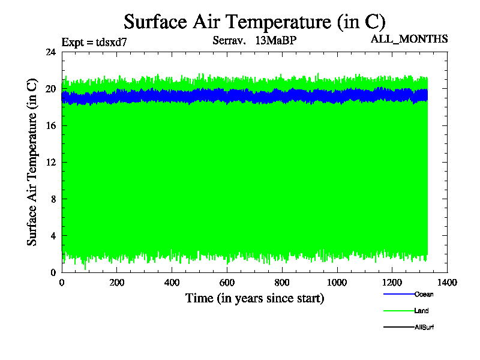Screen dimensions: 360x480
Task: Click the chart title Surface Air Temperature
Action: (x=254, y=22)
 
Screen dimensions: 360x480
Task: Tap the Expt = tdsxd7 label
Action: (x=94, y=42)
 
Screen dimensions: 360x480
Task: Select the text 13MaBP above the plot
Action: (x=276, y=41)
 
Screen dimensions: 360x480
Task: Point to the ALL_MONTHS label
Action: (x=410, y=39)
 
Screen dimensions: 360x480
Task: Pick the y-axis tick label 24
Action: (x=51, y=52)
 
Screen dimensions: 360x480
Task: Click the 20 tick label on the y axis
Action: (x=51, y=89)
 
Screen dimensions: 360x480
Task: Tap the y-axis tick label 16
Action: (x=51, y=125)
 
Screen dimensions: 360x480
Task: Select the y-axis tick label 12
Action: (x=51, y=162)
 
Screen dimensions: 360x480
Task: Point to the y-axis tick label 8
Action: (x=53, y=199)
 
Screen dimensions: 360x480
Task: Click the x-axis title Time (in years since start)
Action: (x=254, y=298)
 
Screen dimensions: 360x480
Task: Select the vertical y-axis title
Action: (x=32, y=163)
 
